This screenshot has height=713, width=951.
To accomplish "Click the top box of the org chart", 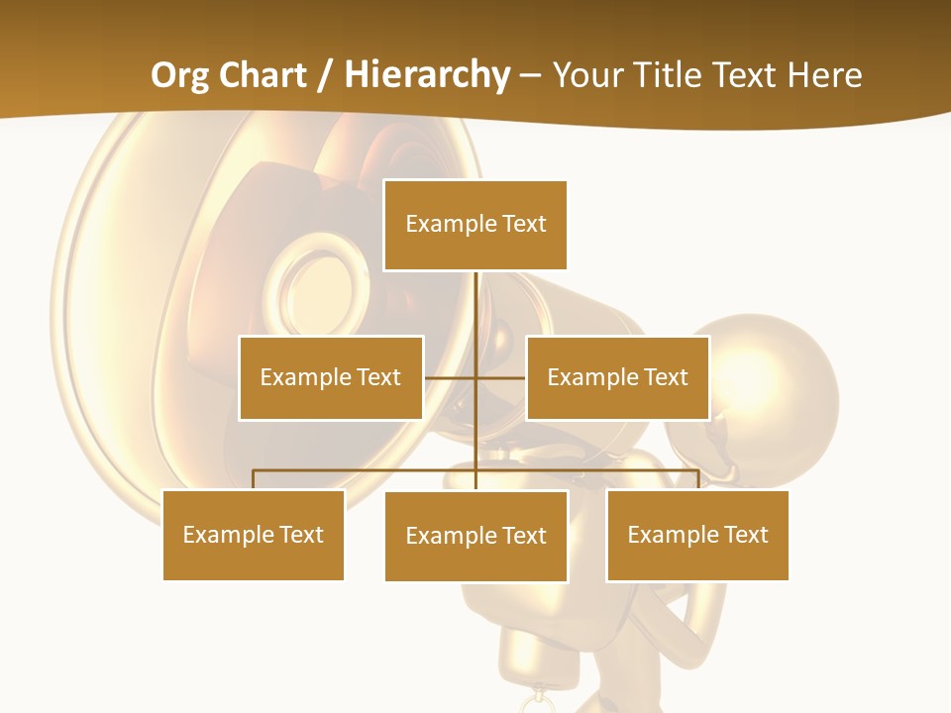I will pyautogui.click(x=475, y=225).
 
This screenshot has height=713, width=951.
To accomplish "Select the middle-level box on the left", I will pyautogui.click(x=331, y=377).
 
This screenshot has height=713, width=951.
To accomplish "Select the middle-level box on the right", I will pyautogui.click(x=617, y=377).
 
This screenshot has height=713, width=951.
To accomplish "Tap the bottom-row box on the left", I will pyautogui.click(x=254, y=535).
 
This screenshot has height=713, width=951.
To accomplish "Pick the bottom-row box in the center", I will pyautogui.click(x=475, y=536).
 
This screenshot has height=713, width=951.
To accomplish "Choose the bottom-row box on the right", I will pyautogui.click(x=697, y=535).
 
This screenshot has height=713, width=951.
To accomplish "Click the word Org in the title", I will pyautogui.click(x=182, y=75).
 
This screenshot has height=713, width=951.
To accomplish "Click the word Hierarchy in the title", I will pyautogui.click(x=427, y=75).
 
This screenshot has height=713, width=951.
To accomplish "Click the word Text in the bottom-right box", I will pyautogui.click(x=746, y=535).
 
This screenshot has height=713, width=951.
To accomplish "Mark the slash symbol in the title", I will pyautogui.click(x=324, y=75).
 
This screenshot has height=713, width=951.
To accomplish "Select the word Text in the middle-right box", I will pyautogui.click(x=666, y=377).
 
